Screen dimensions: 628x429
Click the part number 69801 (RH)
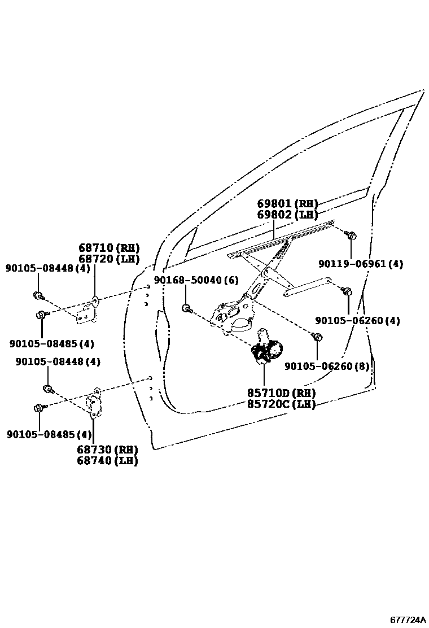point(287,204)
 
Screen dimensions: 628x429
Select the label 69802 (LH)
point(287,215)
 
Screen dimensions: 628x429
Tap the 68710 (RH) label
point(109,248)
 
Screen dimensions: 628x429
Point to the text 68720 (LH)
point(109,259)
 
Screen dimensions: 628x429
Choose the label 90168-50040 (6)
point(196,281)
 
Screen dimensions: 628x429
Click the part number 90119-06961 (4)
point(361,264)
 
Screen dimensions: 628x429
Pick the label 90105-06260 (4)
point(357,321)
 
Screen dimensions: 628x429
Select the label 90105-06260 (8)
point(327,367)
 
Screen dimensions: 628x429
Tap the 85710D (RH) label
point(281,393)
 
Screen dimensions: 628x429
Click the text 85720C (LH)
point(281,404)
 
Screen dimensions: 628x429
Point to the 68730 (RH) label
point(108,450)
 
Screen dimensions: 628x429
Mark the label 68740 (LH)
point(108,460)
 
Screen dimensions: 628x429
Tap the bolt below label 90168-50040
point(186,308)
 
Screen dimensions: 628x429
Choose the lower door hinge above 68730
point(93,403)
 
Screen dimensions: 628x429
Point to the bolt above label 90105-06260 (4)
point(348,291)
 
